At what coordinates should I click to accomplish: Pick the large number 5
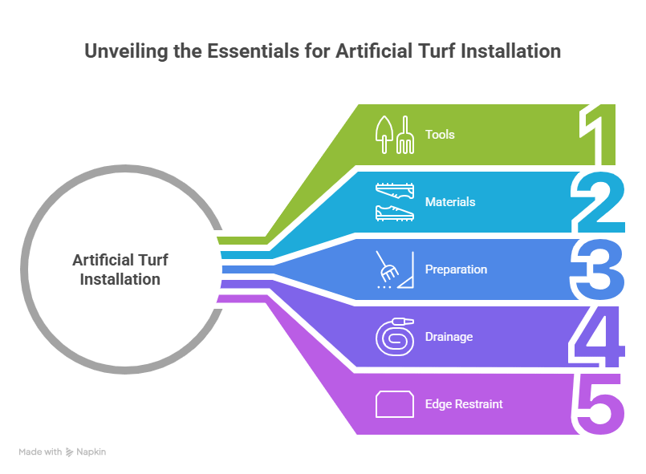coord(598,403)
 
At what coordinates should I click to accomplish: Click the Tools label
coord(440,135)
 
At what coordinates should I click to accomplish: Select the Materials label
coord(450,202)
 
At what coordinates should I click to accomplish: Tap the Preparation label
coord(456,269)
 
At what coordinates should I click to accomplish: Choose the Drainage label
coord(449,337)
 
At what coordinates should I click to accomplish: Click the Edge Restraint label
coord(464,404)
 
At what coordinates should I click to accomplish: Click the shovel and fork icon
coord(394,135)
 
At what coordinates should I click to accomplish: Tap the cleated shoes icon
coord(394,202)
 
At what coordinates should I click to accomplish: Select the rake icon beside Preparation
coord(394,269)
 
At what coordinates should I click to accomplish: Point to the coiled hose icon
coord(394,337)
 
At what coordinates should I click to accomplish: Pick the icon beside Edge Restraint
coord(394,404)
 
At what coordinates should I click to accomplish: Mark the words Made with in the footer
coord(40,452)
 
